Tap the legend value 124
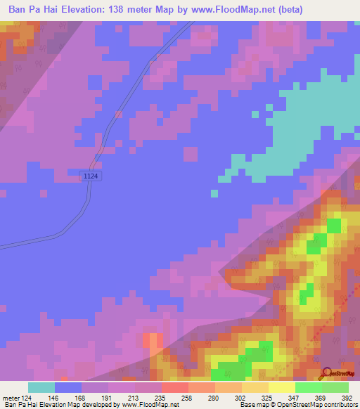click(27, 397)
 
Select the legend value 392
click(347, 397)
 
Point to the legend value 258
click(174, 397)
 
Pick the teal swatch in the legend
click(41, 387)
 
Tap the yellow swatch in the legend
click(281, 387)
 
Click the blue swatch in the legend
click(68, 387)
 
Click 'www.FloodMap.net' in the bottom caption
click(150, 405)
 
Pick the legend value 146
click(54, 397)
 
